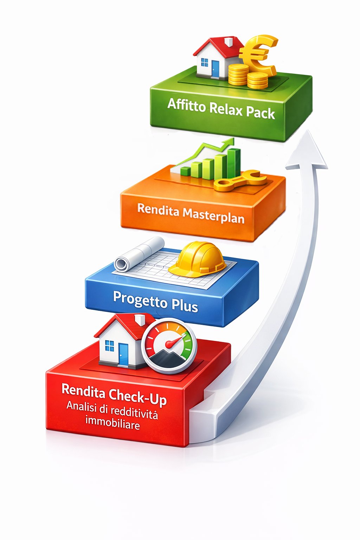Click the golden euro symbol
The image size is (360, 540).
coord(258,54)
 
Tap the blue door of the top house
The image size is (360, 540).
coord(215,69)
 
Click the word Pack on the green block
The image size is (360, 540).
coord(260,113)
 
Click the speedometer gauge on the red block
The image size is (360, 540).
coord(169,345)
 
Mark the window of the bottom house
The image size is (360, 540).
coord(110,346)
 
